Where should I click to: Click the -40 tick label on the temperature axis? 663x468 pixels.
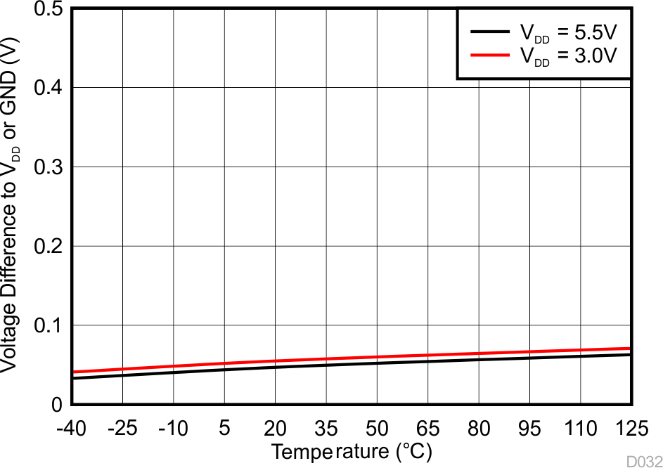(x=72, y=428)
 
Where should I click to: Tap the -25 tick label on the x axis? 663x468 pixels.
(x=122, y=428)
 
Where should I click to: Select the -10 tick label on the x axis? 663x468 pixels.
(x=173, y=428)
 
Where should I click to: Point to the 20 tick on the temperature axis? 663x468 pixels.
(x=276, y=428)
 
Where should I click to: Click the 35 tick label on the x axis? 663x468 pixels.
(x=326, y=428)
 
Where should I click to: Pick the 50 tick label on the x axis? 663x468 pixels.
(x=378, y=428)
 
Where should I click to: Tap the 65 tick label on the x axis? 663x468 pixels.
(x=428, y=428)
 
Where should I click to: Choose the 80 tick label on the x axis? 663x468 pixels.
(x=479, y=428)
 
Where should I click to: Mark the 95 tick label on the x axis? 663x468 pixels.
(x=530, y=428)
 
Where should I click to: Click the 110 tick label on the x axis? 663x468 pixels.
(x=581, y=428)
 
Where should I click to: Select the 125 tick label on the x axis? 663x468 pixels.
(x=630, y=428)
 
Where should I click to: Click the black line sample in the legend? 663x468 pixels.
(x=488, y=32)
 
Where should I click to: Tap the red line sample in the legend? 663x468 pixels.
(x=488, y=55)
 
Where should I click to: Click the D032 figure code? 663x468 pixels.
(x=645, y=461)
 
